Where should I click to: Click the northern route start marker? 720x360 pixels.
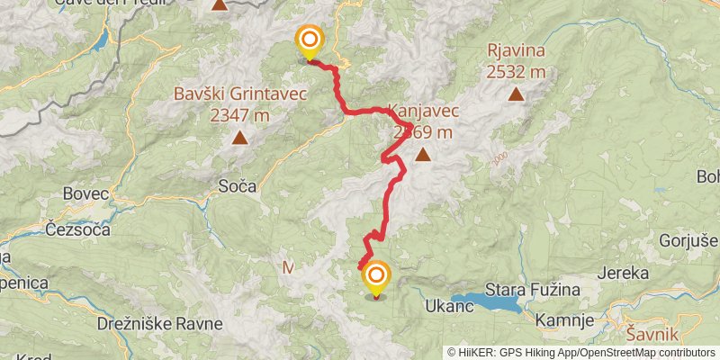(310, 40)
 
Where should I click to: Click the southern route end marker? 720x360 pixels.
(376, 277)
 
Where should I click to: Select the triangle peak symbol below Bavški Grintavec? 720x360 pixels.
(240, 138)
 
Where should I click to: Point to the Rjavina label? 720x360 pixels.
(516, 50)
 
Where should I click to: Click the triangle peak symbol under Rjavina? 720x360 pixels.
(516, 93)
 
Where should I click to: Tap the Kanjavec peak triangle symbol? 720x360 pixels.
(422, 155)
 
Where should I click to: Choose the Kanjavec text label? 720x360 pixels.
(423, 112)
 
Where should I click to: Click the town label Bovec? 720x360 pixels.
(86, 193)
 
